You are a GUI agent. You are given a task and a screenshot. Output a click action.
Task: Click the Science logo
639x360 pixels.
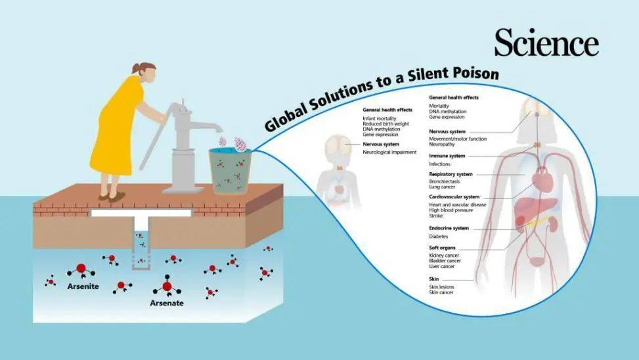546,43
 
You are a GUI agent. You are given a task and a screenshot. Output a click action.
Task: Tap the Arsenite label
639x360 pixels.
83,286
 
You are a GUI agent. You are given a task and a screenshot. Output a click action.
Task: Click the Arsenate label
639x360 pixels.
167,303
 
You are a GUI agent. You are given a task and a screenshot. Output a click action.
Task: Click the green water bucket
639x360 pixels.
230,171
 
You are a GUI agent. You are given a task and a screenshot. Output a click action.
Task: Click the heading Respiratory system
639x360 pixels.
451,174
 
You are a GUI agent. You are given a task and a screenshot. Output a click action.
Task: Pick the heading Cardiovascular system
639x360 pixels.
454,197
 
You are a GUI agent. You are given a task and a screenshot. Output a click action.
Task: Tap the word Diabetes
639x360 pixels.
439,236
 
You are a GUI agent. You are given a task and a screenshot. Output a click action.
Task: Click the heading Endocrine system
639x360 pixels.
449,229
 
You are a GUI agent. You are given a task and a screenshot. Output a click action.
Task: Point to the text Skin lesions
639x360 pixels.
441,287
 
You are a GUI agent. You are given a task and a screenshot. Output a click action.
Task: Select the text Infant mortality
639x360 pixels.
380,118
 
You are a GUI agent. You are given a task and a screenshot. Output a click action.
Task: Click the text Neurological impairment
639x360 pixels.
389,152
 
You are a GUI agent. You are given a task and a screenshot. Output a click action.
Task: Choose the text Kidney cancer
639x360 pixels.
444,256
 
